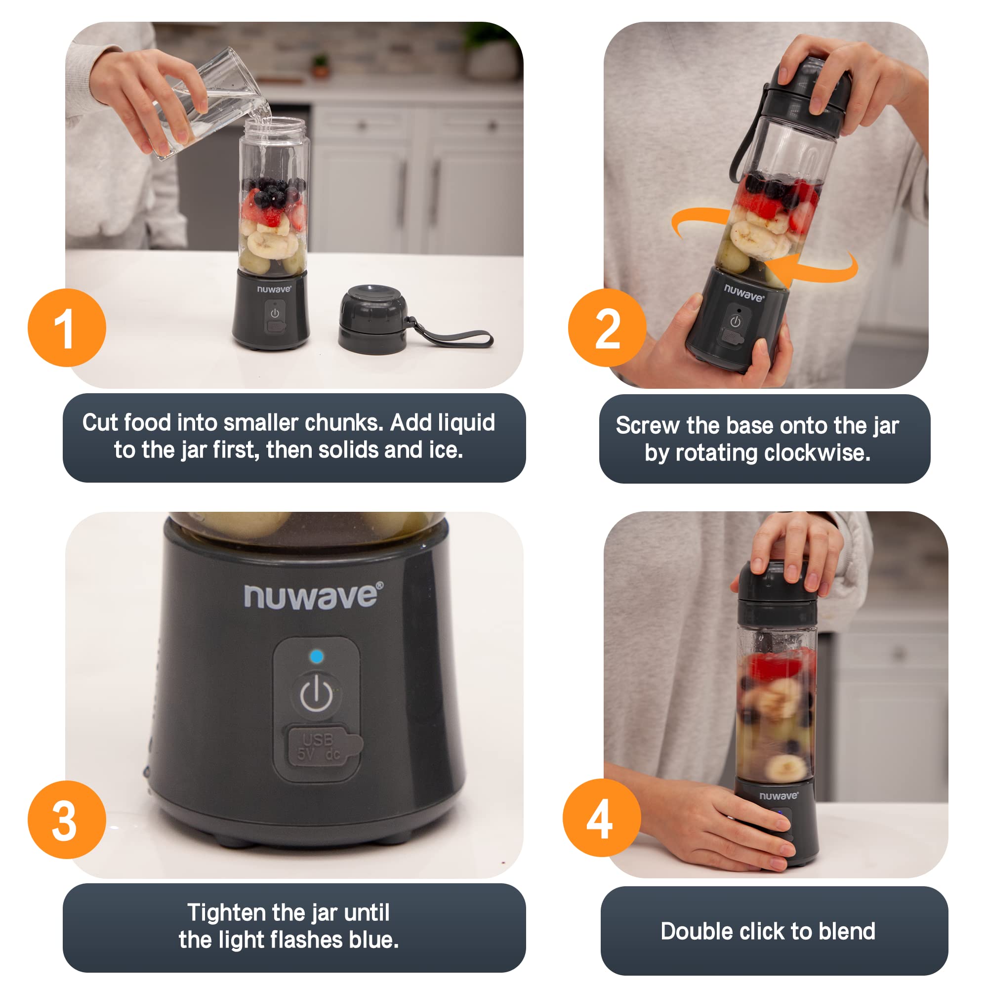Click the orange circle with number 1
tap(67, 328)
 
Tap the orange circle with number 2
tap(607, 328)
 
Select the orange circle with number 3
tap(67, 820)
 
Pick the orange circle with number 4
tap(601, 818)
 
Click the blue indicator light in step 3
tap(317, 656)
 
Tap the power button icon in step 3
tap(316, 694)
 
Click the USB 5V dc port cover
tap(322, 747)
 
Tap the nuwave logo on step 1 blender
tap(274, 289)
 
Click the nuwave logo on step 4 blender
tap(778, 796)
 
